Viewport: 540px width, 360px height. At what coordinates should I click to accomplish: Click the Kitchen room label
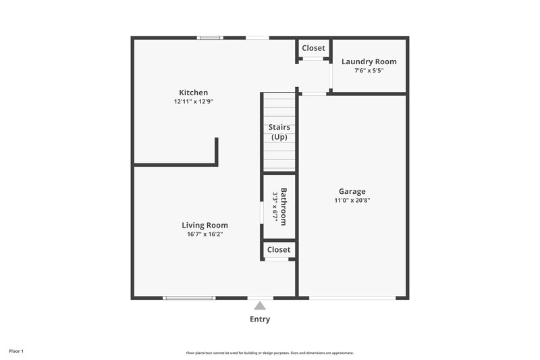(x=193, y=93)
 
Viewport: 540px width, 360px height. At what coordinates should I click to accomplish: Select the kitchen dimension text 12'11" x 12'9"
(x=193, y=102)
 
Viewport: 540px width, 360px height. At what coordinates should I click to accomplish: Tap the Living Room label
(x=205, y=225)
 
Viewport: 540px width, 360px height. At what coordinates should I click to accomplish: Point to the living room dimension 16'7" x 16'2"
(x=205, y=234)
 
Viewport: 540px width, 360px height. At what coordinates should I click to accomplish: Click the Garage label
(x=352, y=191)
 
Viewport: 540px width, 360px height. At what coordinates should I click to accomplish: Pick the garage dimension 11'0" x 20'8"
(x=352, y=200)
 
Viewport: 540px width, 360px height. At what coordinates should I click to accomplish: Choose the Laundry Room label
(x=369, y=61)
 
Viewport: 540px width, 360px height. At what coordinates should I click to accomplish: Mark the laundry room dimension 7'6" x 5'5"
(x=369, y=70)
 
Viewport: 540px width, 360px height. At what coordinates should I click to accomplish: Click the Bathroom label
(x=284, y=207)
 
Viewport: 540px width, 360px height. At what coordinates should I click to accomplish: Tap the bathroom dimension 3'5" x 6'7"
(x=275, y=207)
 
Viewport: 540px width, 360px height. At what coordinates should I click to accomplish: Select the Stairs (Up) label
(x=279, y=132)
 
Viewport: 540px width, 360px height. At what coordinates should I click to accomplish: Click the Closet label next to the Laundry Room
(x=313, y=48)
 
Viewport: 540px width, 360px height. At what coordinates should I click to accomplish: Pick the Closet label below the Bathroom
(x=279, y=249)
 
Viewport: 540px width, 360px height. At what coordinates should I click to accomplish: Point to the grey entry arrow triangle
(x=260, y=306)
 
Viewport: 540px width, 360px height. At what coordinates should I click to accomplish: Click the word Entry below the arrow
(x=260, y=319)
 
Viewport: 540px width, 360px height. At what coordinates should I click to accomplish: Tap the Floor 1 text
(x=17, y=351)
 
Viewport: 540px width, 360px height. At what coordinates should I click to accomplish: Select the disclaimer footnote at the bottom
(x=269, y=353)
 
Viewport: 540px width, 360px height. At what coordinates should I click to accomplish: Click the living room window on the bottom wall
(x=190, y=298)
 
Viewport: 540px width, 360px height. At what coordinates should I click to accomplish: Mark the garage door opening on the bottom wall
(x=352, y=298)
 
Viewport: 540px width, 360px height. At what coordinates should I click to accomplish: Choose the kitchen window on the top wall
(x=210, y=38)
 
